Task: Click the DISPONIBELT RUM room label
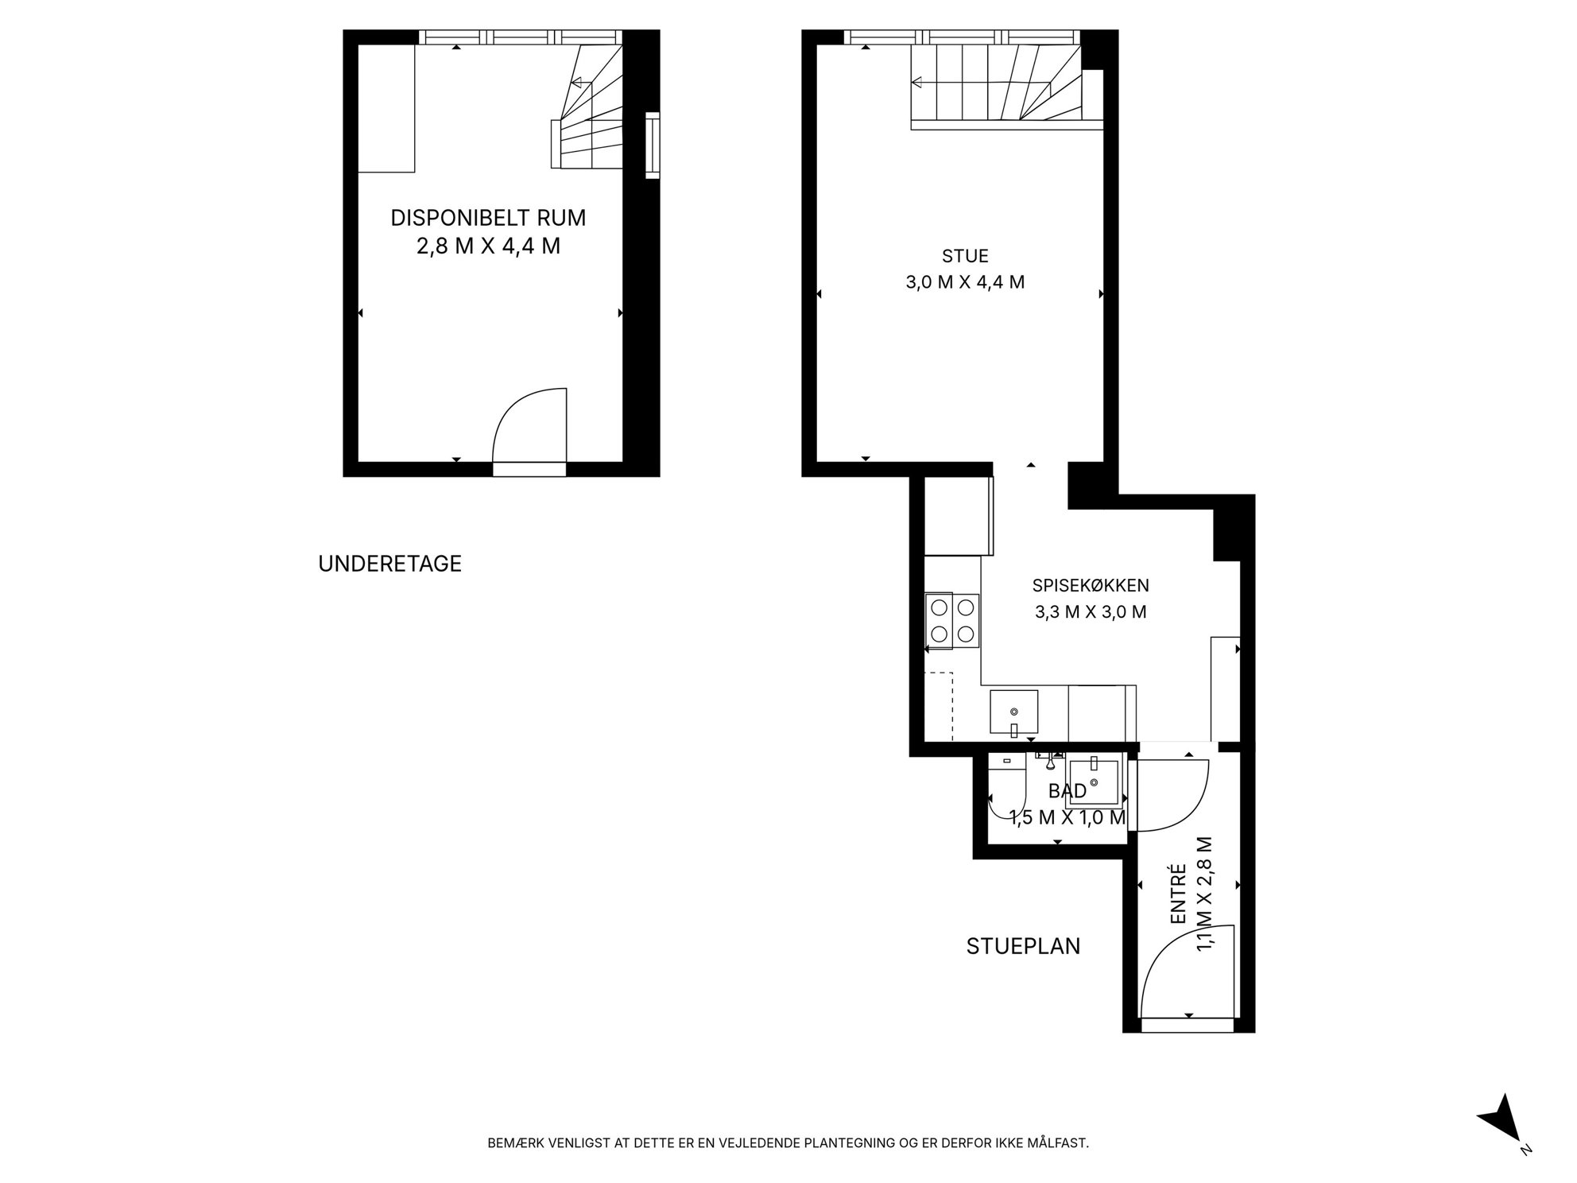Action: [x=488, y=217]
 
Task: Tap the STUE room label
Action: [x=965, y=256]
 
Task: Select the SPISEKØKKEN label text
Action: [x=1091, y=586]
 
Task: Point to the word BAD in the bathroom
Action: [x=1067, y=791]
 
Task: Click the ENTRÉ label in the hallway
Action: [x=1179, y=894]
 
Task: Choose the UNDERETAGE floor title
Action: [x=389, y=564]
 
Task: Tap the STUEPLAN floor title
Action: [x=1023, y=946]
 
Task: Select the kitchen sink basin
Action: [x=1013, y=712]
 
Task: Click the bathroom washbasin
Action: [x=1094, y=782]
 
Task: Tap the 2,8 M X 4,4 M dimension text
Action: [x=488, y=246]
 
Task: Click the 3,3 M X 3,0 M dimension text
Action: [x=1091, y=612]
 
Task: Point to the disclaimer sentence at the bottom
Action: [x=788, y=1143]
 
